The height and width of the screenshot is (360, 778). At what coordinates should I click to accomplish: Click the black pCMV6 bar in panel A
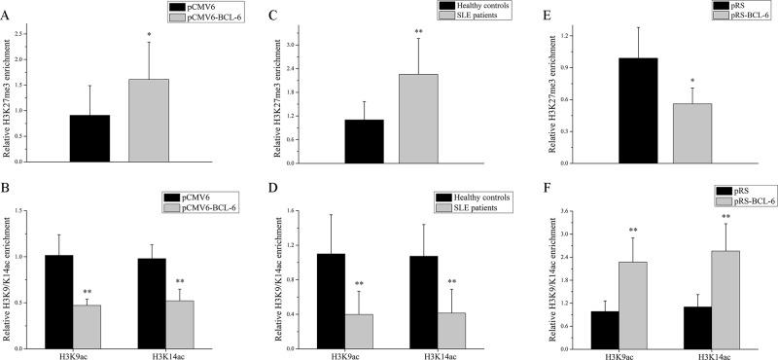point(89,138)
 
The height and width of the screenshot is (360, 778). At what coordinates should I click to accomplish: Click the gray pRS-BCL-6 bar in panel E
point(691,131)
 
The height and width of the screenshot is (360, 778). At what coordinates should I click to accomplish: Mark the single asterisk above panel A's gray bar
point(149,35)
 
